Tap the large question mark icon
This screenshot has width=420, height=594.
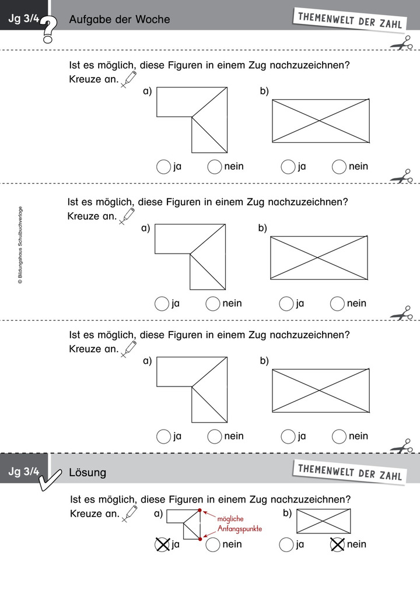48,29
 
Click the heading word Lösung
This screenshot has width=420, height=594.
87,472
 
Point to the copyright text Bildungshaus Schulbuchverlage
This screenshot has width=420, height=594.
20,245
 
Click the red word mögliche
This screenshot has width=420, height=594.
230,519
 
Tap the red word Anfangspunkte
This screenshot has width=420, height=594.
240,529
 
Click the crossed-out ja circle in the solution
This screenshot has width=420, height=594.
162,544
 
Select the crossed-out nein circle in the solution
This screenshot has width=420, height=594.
337,544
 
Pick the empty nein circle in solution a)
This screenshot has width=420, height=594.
213,545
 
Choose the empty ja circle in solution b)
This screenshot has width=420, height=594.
286,545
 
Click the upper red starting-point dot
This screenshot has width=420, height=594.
199,510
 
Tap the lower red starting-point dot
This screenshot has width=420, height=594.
200,539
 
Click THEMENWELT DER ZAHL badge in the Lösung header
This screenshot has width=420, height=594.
349,472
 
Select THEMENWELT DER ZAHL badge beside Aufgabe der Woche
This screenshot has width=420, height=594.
349,20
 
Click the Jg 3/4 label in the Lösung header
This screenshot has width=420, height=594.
24,471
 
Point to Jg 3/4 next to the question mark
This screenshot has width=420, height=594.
24,19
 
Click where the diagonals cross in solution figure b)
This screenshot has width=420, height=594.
323,521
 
